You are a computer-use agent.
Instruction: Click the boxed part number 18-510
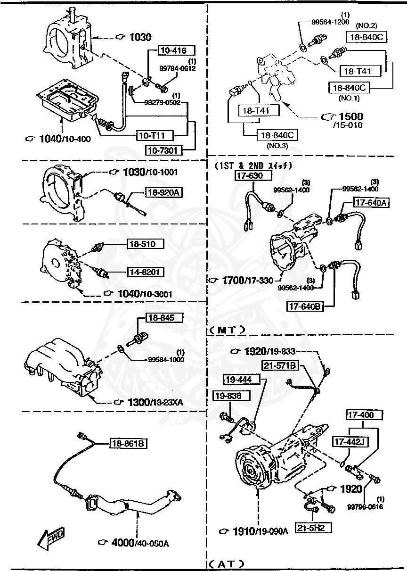145,244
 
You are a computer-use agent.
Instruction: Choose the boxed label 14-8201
145,272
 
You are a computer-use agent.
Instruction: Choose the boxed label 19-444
238,379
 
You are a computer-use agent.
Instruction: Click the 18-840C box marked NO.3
276,135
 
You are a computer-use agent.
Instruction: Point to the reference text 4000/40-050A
134,543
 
